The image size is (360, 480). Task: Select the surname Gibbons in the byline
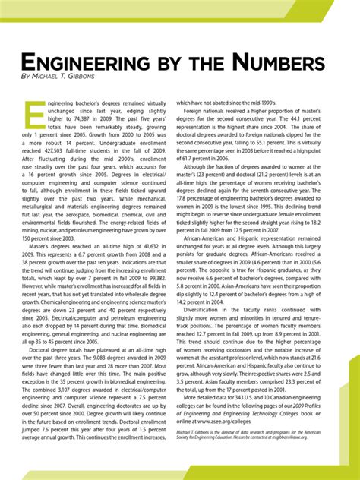pyautogui.click(x=84, y=79)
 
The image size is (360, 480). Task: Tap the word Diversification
pyautogui.click(x=215, y=352)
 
